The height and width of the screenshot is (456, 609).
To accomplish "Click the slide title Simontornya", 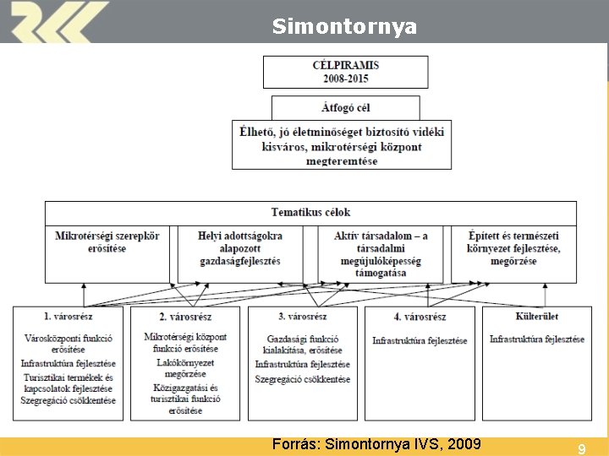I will pos(344,27).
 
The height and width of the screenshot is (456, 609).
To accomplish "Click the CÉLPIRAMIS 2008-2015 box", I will pos(345,72).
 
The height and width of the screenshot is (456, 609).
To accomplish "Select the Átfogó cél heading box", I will pos(345,108).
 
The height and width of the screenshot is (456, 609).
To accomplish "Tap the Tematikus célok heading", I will pos(310,212).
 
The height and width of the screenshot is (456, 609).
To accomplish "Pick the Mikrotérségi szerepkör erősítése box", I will pos(107,242).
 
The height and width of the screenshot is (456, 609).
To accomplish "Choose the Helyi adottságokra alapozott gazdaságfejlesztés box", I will pos(240,248).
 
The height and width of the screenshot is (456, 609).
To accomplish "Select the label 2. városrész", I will pos(185,317).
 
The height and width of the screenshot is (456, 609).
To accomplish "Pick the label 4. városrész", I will pos(420,317).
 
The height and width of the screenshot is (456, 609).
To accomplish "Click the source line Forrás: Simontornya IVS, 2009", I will pos(376,444).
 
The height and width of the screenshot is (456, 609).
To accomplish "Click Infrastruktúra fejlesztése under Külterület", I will pos(536,339).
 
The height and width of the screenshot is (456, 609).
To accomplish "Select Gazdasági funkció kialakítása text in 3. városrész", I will pos(302,345).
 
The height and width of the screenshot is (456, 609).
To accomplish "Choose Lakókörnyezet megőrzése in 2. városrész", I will pos(185,367).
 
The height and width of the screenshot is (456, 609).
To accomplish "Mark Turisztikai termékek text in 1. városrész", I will pos(68,382).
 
